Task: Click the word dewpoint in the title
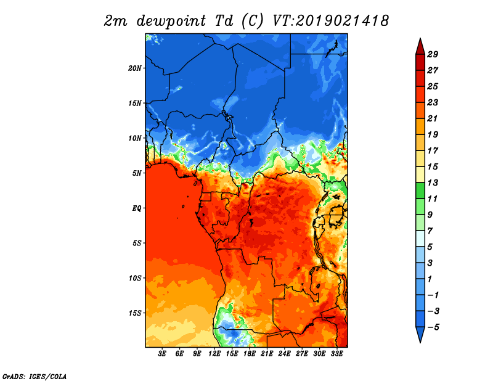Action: pyautogui.click(x=171, y=22)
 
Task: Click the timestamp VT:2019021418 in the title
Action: pyautogui.click(x=330, y=21)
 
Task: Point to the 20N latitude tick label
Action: pyautogui.click(x=135, y=68)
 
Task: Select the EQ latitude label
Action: pyautogui.click(x=137, y=208)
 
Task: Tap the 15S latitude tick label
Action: pyautogui.click(x=135, y=313)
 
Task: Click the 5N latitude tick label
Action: pyautogui.click(x=137, y=173)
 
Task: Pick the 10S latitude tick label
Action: pyautogui.click(x=135, y=278)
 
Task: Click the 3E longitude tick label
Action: pyautogui.click(x=162, y=353)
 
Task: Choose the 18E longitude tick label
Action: pyautogui.click(x=250, y=353)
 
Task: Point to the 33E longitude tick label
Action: pyautogui.click(x=336, y=353)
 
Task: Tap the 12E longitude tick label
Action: pyautogui.click(x=214, y=353)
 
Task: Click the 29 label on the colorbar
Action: pyautogui.click(x=433, y=54)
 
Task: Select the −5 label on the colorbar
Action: pyautogui.click(x=433, y=327)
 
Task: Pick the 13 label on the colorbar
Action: pyautogui.click(x=433, y=182)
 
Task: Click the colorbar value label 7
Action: pyautogui.click(x=430, y=231)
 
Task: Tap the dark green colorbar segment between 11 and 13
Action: pyautogui.click(x=420, y=190)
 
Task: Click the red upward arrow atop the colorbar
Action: pyautogui.click(x=420, y=47)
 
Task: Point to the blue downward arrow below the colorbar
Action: pyautogui.click(x=420, y=335)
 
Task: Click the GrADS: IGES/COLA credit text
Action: pyautogui.click(x=35, y=377)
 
